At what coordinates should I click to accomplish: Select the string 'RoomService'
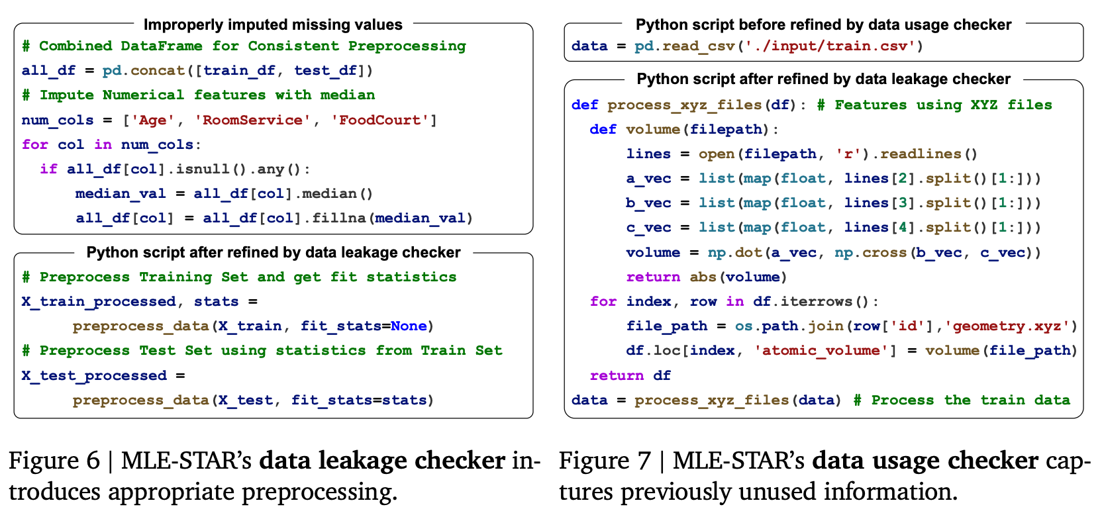[252, 120]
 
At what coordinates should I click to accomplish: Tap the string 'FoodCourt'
[379, 120]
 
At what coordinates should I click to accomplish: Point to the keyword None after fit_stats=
[409, 326]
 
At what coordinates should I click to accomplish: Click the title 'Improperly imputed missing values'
[273, 25]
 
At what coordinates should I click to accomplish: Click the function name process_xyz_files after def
[684, 105]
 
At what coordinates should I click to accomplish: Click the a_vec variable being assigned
[648, 178]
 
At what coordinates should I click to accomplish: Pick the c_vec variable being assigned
[648, 228]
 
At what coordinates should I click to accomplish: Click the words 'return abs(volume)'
[706, 277]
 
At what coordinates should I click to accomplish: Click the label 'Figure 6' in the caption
[54, 461]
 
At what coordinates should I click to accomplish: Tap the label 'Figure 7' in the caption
[605, 461]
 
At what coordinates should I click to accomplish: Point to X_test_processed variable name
[94, 375]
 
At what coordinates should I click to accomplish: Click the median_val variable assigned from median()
[121, 193]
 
